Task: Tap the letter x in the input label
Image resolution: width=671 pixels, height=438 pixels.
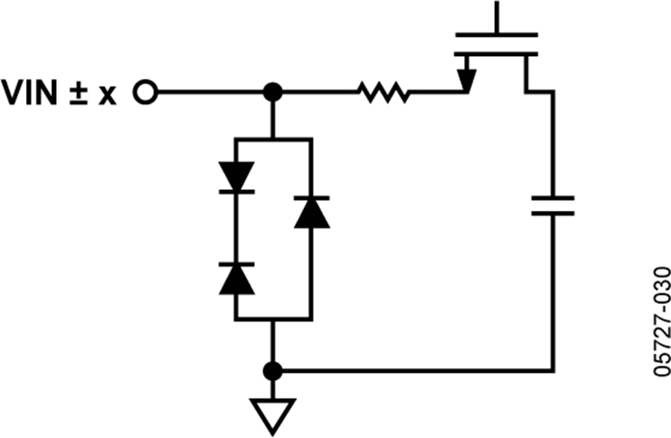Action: tap(107, 94)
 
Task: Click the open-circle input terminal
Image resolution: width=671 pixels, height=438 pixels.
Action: tap(145, 91)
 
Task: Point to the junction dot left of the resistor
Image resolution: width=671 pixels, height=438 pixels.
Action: tap(273, 91)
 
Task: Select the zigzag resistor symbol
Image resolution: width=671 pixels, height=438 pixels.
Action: tap(383, 91)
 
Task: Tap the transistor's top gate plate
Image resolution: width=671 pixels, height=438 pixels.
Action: tap(497, 35)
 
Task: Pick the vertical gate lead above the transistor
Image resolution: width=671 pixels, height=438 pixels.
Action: tap(497, 16)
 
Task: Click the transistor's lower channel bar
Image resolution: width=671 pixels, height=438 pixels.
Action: tap(497, 53)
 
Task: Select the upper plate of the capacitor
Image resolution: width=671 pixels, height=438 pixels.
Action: tap(553, 199)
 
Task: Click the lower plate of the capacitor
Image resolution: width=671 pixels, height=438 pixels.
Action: tap(553, 214)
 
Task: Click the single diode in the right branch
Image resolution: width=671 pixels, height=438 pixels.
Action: tap(311, 212)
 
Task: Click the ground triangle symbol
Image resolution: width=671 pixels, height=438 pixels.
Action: tap(273, 410)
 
